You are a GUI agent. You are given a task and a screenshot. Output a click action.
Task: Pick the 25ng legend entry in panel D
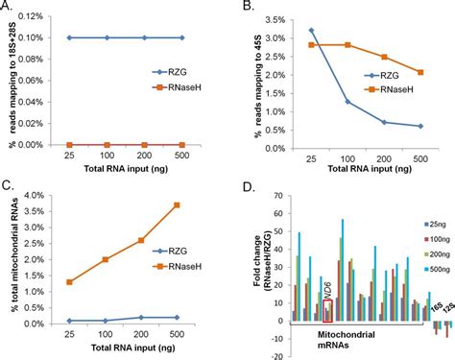[424, 221]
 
